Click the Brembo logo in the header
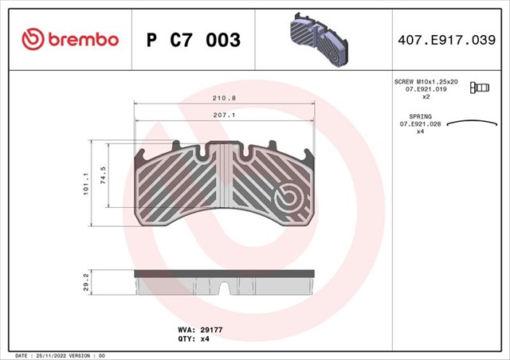click(x=70, y=38)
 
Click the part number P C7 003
click(x=193, y=39)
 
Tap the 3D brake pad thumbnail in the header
click(x=318, y=37)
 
